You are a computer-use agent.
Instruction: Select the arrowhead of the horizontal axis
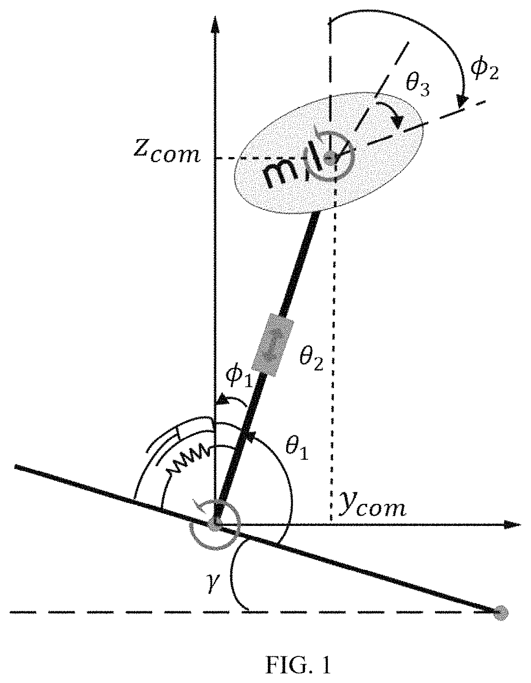[x=512, y=525]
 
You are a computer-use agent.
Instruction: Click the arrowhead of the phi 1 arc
[x=222, y=400]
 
